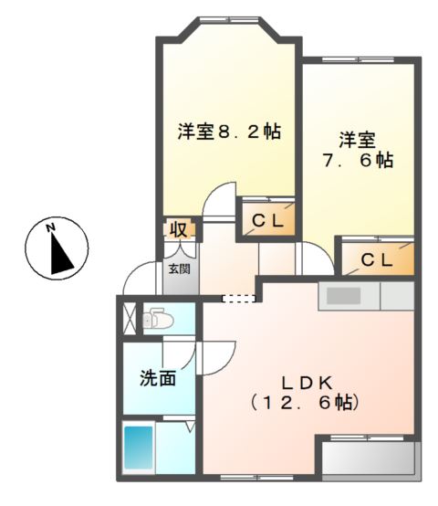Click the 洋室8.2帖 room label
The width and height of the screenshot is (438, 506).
(x=228, y=132)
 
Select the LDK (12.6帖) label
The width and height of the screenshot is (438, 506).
(x=306, y=392)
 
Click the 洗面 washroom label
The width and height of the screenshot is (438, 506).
(x=157, y=378)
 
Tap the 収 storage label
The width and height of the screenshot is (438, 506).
(x=176, y=228)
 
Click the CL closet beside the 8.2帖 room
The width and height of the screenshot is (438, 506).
(x=268, y=220)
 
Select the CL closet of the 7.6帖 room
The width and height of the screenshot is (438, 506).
(x=377, y=259)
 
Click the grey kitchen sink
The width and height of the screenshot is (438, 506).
(x=346, y=296)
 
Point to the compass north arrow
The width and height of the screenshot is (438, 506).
(x=60, y=251)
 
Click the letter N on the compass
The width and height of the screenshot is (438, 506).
(x=52, y=227)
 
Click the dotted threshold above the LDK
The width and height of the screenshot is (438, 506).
(x=240, y=298)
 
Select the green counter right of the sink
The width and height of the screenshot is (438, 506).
(x=396, y=296)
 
